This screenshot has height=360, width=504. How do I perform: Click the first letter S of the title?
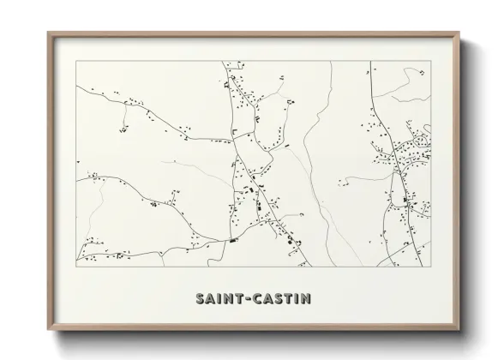201,299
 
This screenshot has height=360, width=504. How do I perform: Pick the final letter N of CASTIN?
306,299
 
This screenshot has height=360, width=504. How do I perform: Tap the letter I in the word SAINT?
221,299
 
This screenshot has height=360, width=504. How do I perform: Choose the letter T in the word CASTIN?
287,299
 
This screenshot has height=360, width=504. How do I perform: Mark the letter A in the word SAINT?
212,299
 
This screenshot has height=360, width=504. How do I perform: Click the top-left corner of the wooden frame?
48,33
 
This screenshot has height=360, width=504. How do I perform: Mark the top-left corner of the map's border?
76,61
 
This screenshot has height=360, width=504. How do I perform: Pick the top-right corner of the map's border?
430,61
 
